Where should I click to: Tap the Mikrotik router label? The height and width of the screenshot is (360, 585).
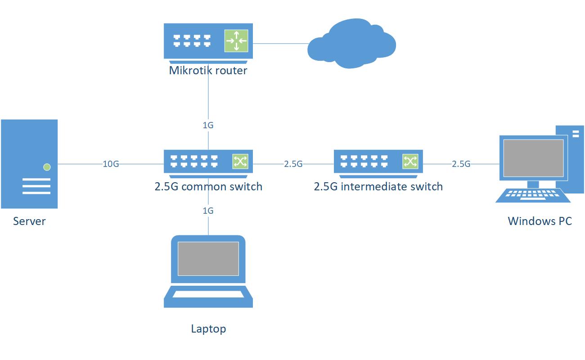click(x=208, y=70)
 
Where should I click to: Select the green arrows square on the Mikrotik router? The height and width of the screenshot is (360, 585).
click(x=236, y=41)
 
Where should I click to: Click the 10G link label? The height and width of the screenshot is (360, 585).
click(x=111, y=164)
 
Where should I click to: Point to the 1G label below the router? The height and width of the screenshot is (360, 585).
click(x=208, y=125)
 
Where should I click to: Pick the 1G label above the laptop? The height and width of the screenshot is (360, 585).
click(x=208, y=211)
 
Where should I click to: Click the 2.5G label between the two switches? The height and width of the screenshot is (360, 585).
click(x=293, y=164)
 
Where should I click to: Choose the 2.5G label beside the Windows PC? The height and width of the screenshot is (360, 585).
click(x=461, y=164)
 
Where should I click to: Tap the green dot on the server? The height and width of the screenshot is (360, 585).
click(x=47, y=167)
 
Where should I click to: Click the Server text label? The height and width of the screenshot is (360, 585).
click(x=29, y=221)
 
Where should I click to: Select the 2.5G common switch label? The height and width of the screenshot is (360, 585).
click(x=208, y=186)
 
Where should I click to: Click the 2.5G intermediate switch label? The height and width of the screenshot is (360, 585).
click(x=378, y=186)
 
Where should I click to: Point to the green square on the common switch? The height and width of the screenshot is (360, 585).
click(x=240, y=161)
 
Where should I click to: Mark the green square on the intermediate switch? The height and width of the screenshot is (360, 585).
click(x=410, y=161)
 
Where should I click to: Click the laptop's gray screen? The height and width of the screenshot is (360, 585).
click(x=208, y=259)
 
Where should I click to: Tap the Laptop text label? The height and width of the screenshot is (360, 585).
click(x=208, y=329)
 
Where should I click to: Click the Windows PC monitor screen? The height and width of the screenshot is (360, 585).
click(x=533, y=157)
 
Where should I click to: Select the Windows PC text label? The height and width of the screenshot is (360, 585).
click(x=540, y=221)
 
